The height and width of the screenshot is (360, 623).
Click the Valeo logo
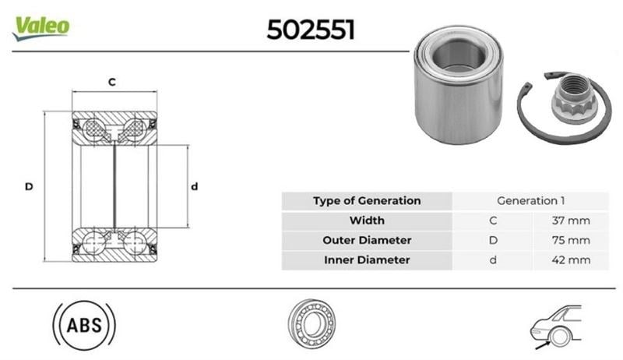[41, 28]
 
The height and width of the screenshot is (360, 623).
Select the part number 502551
[310, 30]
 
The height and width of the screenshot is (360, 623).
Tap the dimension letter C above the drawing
[112, 82]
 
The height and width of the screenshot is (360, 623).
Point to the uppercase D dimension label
[29, 186]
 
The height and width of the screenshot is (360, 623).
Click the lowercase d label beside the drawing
[194, 186]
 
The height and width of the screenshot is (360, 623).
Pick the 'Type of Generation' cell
[367, 201]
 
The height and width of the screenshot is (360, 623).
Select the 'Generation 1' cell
[530, 201]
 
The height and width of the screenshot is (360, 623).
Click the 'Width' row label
[367, 221]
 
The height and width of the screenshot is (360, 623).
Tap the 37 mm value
[571, 221]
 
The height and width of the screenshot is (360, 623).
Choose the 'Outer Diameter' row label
[367, 241]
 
